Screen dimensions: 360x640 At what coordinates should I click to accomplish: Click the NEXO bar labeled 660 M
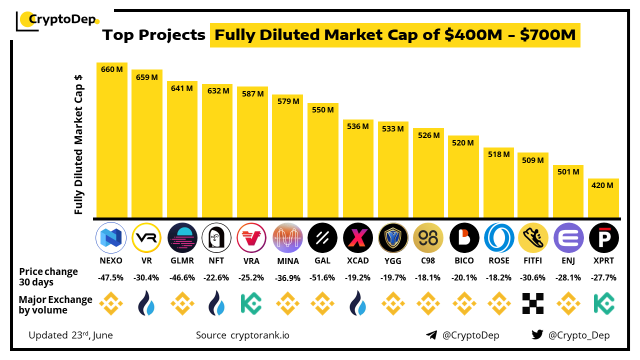pos(112,140)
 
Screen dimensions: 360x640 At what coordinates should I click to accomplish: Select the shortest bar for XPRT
pos(603,198)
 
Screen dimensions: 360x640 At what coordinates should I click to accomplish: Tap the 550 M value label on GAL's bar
pos(322,109)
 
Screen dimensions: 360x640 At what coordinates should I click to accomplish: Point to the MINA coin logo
pos(287,237)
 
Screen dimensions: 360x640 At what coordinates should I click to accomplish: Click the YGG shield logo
pos(393,237)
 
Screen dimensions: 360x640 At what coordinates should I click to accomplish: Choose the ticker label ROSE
pos(498,260)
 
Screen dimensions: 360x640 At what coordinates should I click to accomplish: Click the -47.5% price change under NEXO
pos(112,277)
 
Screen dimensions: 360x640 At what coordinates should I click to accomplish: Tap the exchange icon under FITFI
pos(533,303)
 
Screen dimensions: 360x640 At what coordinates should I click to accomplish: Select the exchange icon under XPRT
pos(603,303)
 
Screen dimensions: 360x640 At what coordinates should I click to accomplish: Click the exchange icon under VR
pos(147,303)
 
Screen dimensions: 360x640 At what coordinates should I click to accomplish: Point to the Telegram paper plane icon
pos(431,335)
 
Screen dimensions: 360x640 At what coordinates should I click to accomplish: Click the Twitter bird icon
pos(537,335)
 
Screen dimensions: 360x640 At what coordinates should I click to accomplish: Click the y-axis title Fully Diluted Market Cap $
pos(78,145)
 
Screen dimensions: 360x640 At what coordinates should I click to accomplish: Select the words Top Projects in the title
pos(154,35)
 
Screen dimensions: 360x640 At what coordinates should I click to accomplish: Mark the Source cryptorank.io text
pos(242,335)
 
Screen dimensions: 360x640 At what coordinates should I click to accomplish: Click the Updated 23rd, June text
pos(70,335)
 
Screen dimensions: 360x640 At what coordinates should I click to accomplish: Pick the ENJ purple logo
pos(568,237)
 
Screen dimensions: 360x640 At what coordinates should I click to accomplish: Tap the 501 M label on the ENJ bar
pos(568,171)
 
